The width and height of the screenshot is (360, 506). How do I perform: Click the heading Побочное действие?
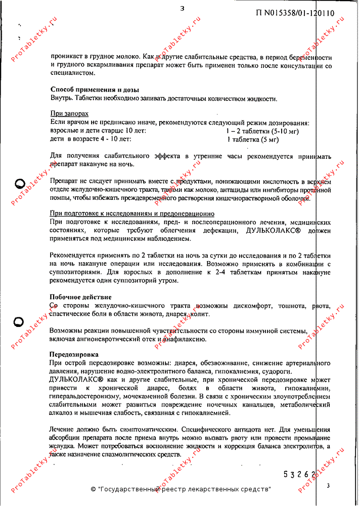click(80, 297)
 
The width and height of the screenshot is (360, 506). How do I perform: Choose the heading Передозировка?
click(74, 355)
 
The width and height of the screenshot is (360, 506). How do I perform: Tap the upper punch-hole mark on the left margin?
click(19, 183)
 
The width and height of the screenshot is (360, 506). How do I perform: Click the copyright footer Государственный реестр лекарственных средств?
click(181, 489)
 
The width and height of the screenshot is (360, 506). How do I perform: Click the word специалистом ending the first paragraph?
click(72, 73)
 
